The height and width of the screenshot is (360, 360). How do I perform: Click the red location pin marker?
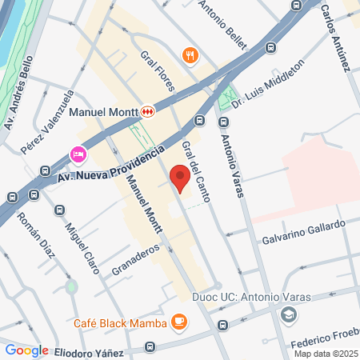coord(179,178)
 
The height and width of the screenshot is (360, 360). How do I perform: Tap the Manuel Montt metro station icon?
coord(147,112)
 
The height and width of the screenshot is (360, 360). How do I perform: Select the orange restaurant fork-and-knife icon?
coord(190,55)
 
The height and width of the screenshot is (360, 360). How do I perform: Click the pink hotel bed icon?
coord(78,153)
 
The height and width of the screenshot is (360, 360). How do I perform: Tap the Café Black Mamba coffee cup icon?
coord(178,322)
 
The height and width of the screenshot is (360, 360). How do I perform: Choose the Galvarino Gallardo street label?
coord(304,231)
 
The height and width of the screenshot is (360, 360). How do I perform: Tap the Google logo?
coord(26,350)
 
